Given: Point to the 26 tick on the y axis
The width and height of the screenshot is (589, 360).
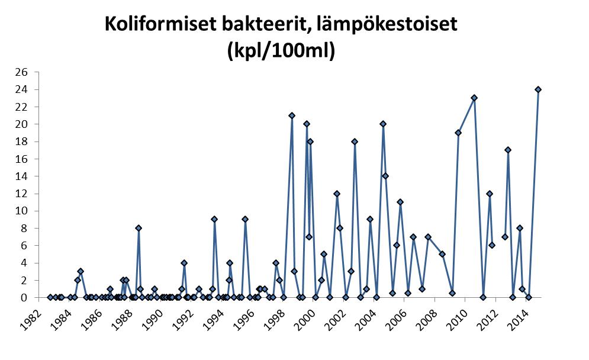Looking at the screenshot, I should click(22, 72).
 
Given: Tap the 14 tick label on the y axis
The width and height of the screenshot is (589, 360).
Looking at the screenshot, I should click(22, 176).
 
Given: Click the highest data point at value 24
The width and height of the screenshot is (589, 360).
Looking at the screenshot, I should click(538, 89).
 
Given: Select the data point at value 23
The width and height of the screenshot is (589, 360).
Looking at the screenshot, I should click(474, 98).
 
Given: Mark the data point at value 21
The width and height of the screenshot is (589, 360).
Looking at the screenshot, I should click(292, 115).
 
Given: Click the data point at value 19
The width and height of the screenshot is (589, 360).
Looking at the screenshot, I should click(458, 133).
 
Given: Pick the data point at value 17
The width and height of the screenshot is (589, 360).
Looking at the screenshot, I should click(508, 150).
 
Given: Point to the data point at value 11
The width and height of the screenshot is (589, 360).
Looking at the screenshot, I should click(400, 202).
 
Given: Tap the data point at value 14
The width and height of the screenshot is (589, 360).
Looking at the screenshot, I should click(385, 176).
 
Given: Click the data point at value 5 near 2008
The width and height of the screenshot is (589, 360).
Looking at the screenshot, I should click(442, 254).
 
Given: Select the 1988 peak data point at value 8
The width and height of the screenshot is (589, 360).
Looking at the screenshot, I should click(139, 228).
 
